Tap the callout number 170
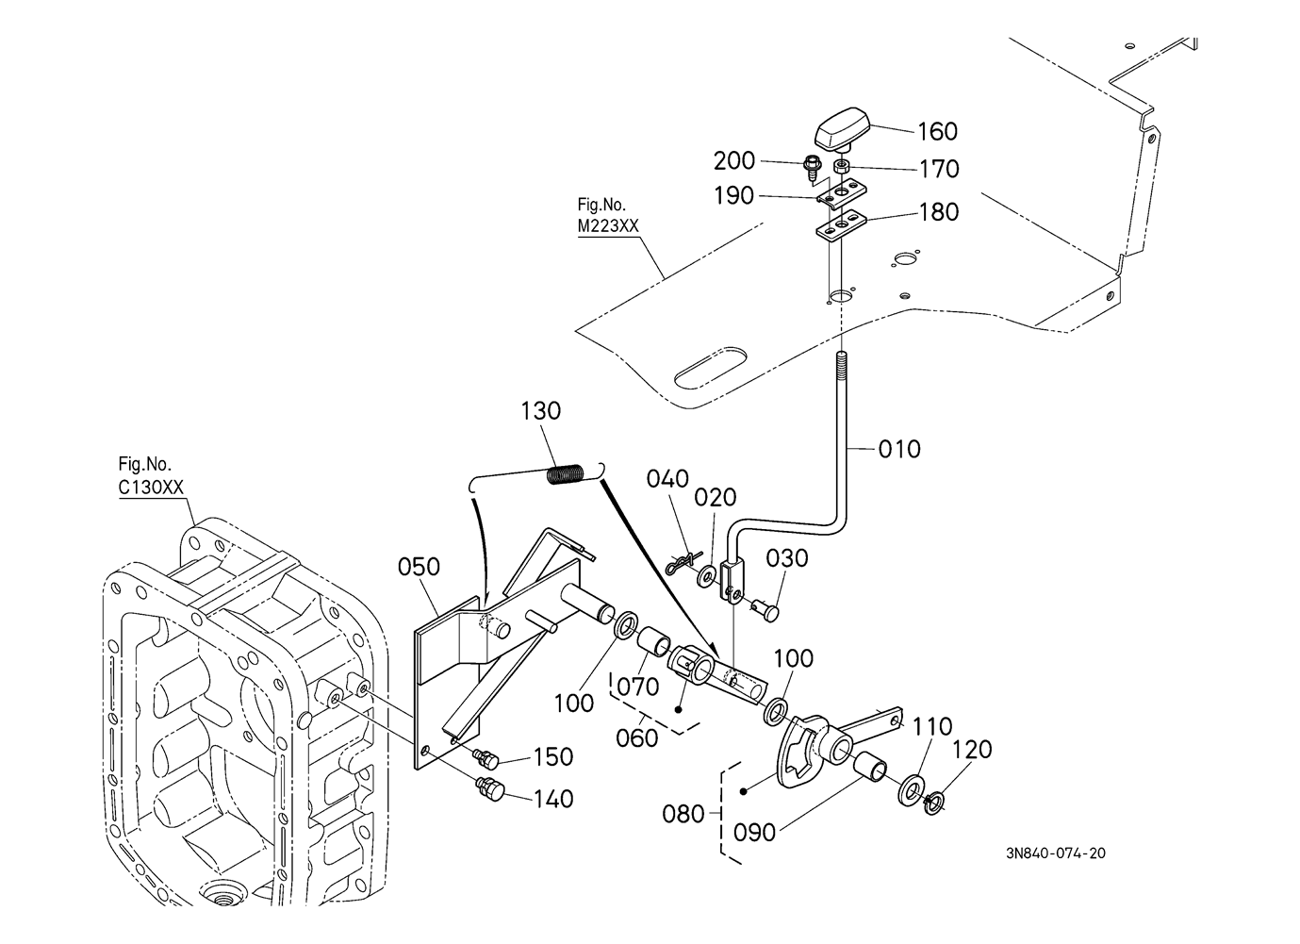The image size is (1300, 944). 939,169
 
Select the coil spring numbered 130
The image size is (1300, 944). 566,473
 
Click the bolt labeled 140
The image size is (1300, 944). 491,789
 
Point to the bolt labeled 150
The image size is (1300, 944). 486,757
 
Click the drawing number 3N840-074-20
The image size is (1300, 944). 1056,853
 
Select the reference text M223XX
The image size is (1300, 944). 608,225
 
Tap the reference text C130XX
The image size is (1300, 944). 151,487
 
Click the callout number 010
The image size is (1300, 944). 899,449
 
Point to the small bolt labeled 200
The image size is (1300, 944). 813,167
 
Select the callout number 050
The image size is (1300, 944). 419,566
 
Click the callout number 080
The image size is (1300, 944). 683,814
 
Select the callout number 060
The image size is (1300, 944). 636,737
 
